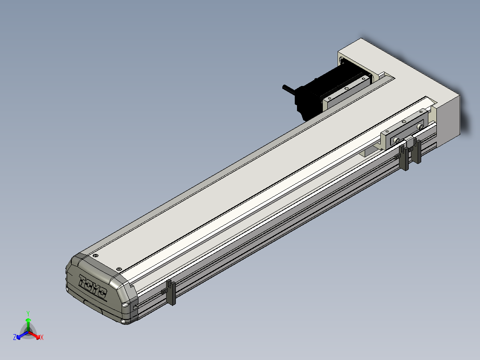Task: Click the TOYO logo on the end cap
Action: pyautogui.click(x=93, y=286)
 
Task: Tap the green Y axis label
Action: pyautogui.click(x=28, y=313)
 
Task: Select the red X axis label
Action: pyautogui.click(x=42, y=337)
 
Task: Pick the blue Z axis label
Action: pyautogui.click(x=15, y=337)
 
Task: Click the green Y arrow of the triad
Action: pyautogui.click(x=28, y=325)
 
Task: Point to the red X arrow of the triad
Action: pyautogui.click(x=34, y=335)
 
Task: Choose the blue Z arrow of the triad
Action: pyautogui.click(x=22, y=335)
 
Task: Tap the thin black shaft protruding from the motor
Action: pyautogui.click(x=289, y=89)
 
